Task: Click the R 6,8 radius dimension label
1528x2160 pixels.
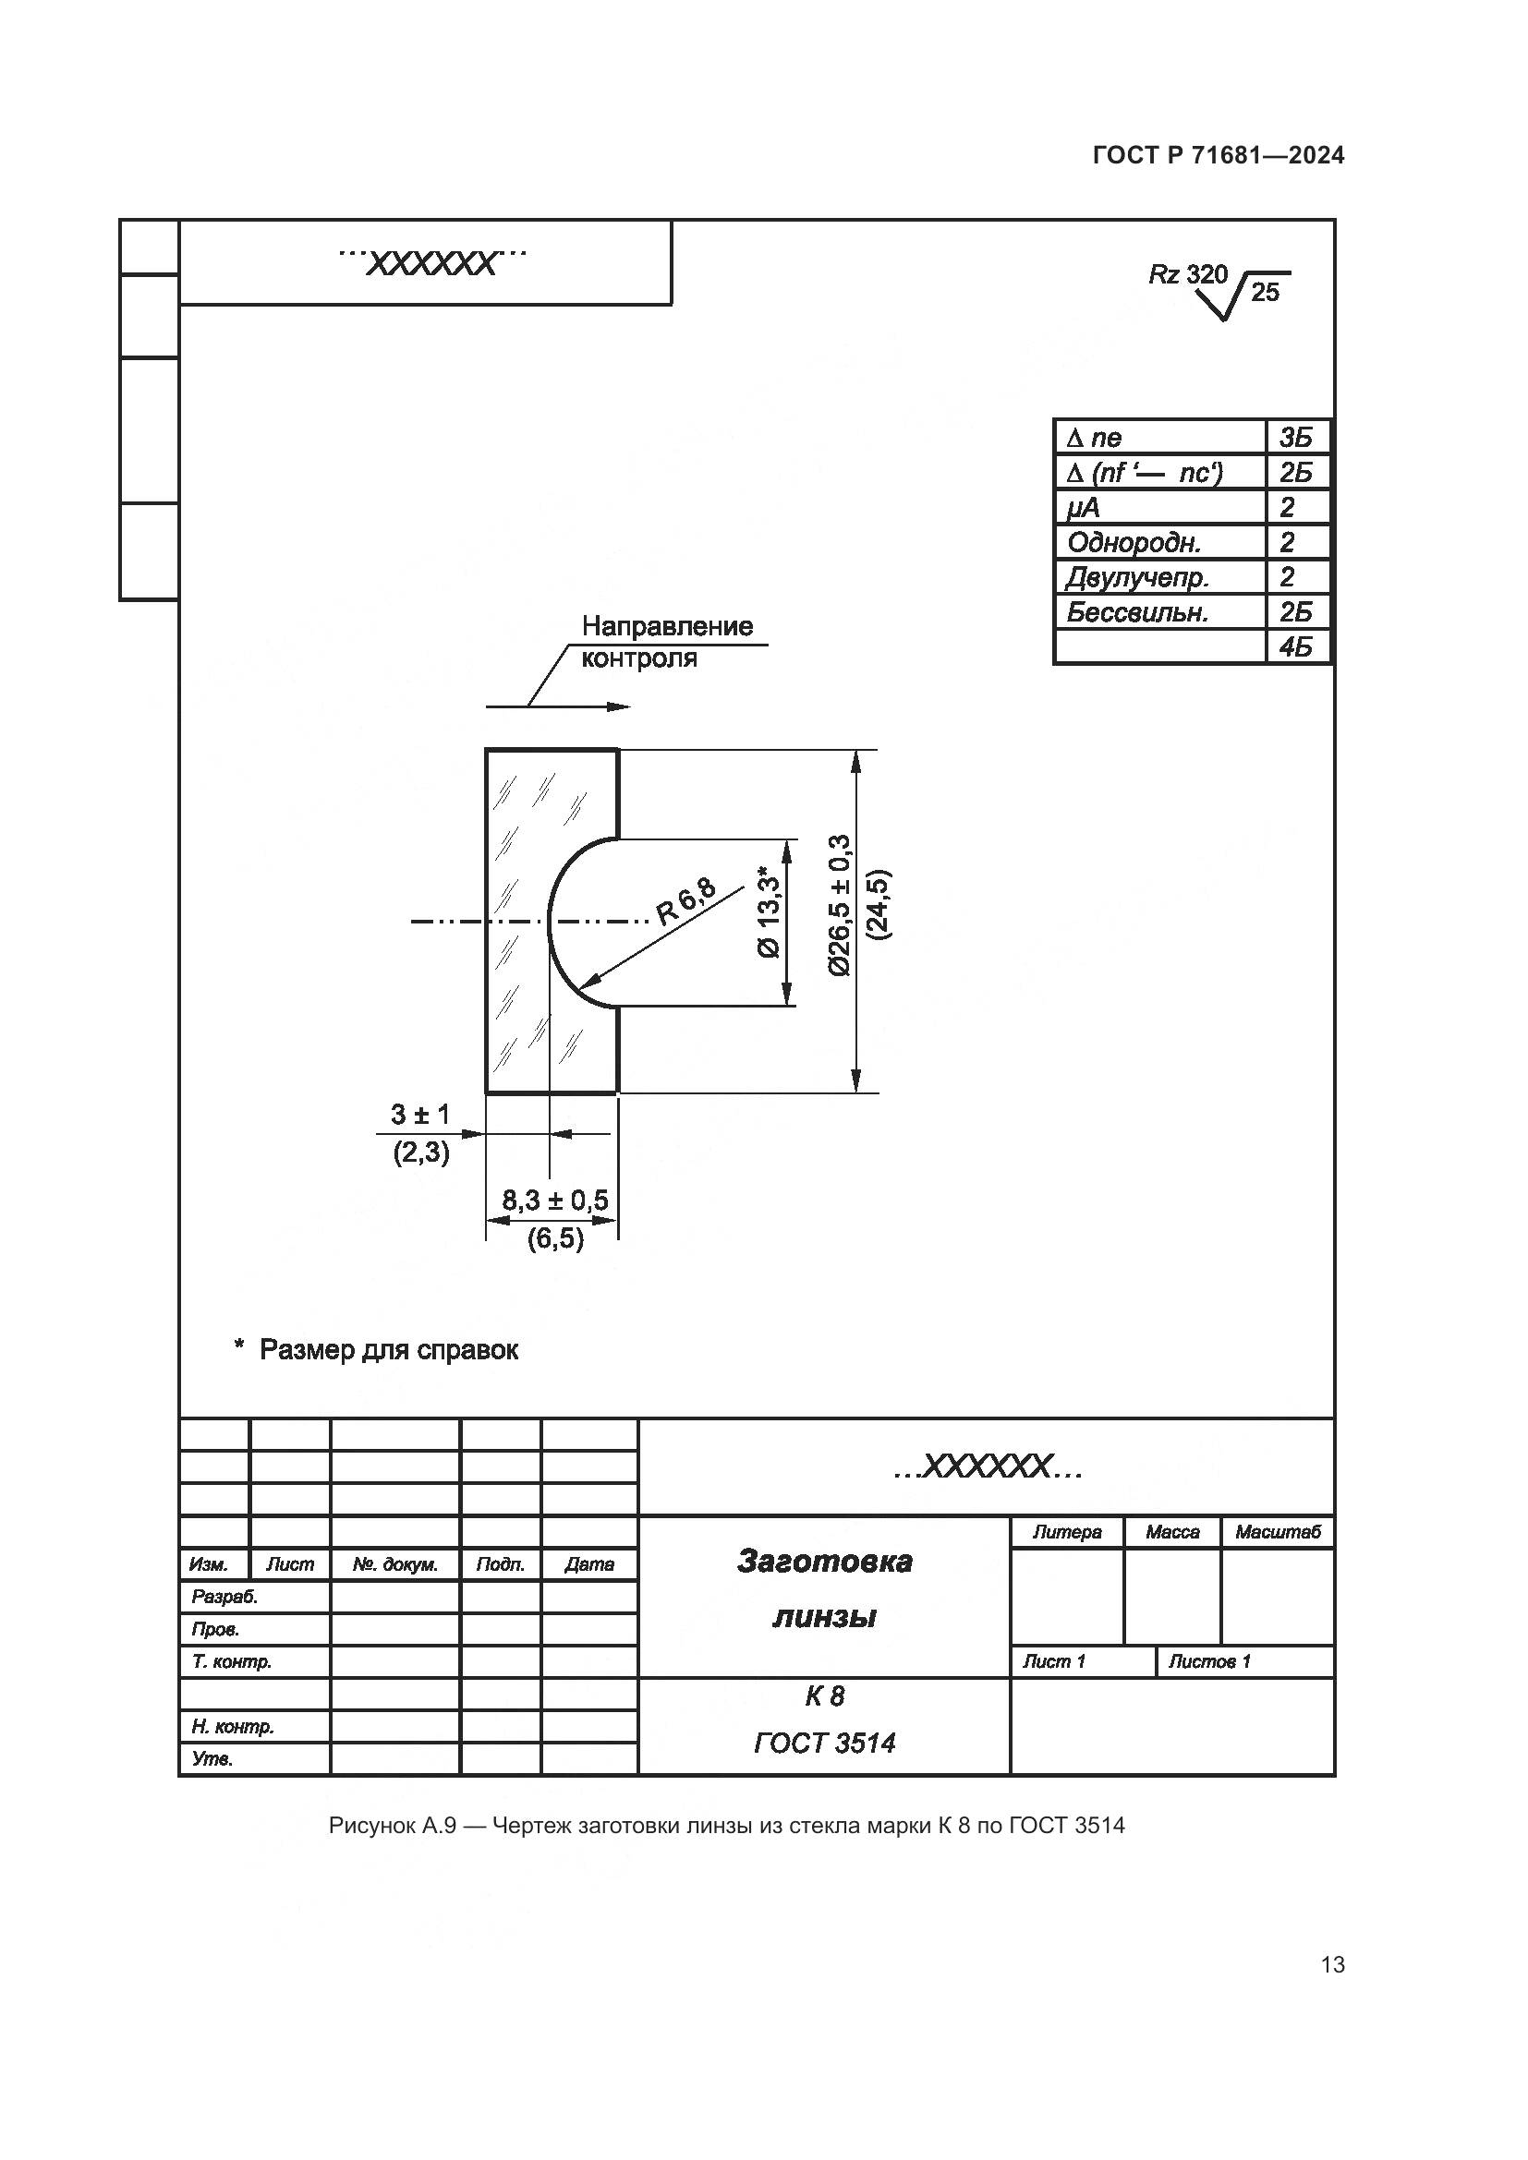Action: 685,900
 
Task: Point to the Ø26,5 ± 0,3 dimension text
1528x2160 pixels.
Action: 839,905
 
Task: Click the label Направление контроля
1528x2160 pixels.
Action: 667,642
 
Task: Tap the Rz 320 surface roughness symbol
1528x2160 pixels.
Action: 1219,289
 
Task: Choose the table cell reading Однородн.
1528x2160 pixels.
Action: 1134,542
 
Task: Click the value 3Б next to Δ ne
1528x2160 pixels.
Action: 1294,438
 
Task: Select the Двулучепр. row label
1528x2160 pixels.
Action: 1136,576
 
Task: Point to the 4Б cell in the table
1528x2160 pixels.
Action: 1294,646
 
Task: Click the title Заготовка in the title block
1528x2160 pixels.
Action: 824,1561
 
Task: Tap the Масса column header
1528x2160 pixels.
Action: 1172,1531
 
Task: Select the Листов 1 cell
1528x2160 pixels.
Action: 1209,1660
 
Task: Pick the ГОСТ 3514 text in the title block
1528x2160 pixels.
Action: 824,1743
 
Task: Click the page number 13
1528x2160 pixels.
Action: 1332,1964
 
